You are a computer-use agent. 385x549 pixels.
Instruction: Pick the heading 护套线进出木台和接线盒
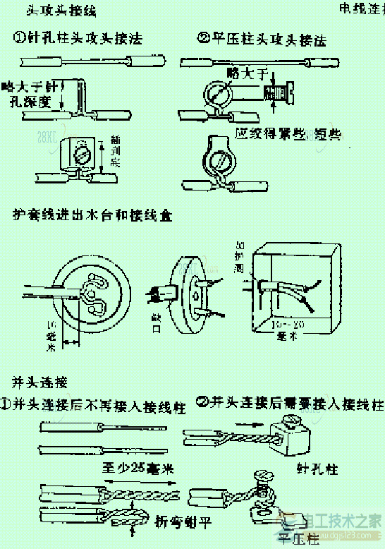click(x=92, y=213)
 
